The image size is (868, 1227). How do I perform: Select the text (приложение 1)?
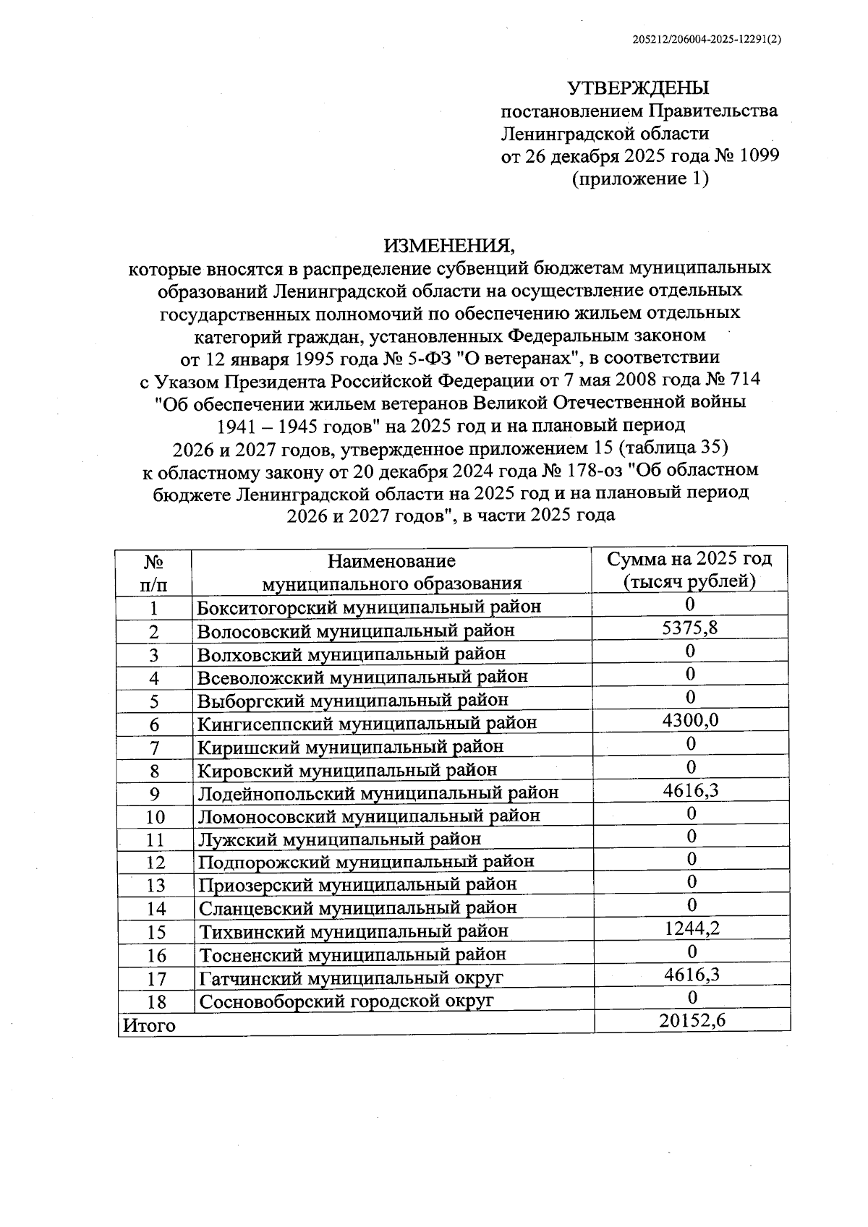tap(640, 178)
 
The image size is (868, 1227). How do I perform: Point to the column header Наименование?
tap(391, 561)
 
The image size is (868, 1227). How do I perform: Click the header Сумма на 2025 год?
tap(689, 559)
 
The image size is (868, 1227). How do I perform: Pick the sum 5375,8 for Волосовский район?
tap(690, 628)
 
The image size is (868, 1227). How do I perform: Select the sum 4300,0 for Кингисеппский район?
tap(690, 720)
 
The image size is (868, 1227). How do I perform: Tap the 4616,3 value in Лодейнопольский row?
tap(691, 790)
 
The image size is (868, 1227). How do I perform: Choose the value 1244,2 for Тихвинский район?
tap(692, 928)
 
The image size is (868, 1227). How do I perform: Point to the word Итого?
tap(149, 1025)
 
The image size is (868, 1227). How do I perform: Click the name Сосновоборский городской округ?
tap(346, 1001)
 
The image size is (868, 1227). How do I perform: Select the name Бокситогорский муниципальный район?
tap(369, 607)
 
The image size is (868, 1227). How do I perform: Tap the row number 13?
tap(156, 886)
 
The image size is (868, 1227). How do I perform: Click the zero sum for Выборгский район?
tap(690, 697)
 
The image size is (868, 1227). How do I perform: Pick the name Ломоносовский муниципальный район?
tap(369, 816)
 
